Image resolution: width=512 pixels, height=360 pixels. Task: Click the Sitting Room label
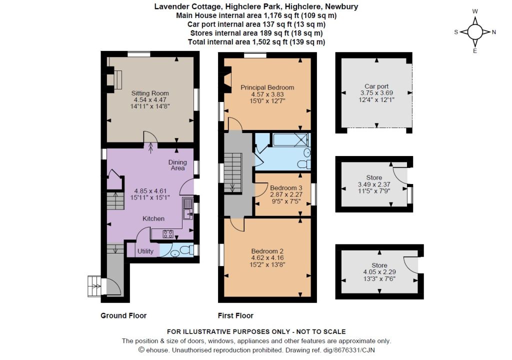(x=150, y=93)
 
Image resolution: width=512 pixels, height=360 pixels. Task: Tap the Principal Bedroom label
(x=267, y=87)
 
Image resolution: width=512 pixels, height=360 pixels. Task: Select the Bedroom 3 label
(x=286, y=188)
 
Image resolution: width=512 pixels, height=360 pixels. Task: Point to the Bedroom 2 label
(x=267, y=251)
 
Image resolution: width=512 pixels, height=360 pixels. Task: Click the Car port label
(x=376, y=86)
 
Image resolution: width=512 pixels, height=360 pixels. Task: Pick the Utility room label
(x=145, y=251)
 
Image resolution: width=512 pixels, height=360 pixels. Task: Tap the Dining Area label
(x=177, y=165)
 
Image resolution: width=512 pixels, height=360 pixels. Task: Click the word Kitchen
(x=153, y=218)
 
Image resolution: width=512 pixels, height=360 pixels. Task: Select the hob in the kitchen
(x=168, y=234)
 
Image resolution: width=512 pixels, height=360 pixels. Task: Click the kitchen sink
(x=188, y=208)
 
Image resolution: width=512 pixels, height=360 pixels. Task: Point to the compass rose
(x=475, y=31)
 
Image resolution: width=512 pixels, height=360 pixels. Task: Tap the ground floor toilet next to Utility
(x=187, y=250)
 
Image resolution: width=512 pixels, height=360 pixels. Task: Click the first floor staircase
(x=233, y=172)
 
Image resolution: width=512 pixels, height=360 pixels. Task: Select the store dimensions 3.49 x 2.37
(x=374, y=184)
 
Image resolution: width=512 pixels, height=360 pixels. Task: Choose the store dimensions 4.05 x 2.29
(x=379, y=272)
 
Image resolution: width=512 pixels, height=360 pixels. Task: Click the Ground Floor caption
(x=123, y=315)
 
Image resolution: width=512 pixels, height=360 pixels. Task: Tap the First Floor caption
(x=235, y=315)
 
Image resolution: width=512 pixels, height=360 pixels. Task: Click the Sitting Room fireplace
(x=114, y=79)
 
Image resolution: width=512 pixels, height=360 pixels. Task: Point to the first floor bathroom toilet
(x=304, y=164)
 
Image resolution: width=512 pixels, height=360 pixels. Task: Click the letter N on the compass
(x=493, y=32)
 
